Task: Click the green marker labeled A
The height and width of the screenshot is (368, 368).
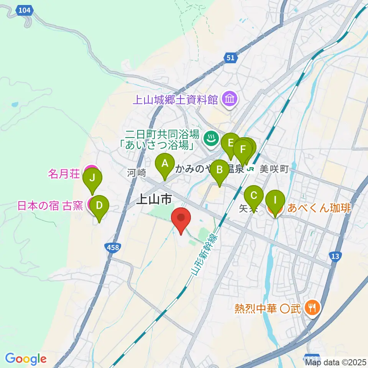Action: pyautogui.click(x=165, y=164)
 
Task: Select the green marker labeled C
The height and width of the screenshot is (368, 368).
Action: pyautogui.click(x=254, y=196)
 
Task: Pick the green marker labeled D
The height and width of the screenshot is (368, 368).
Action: pyautogui.click(x=99, y=206)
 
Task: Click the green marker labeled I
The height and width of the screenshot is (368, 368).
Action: pyautogui.click(x=275, y=200)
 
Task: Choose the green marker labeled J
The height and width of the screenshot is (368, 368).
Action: pyautogui.click(x=92, y=178)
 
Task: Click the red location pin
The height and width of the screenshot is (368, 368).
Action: pyautogui.click(x=181, y=219)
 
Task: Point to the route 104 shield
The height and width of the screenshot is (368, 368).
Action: pyautogui.click(x=25, y=11)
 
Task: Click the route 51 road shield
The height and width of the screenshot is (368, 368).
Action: pyautogui.click(x=230, y=58)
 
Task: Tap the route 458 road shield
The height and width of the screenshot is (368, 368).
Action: pyautogui.click(x=113, y=248)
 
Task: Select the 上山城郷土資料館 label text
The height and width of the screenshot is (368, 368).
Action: pyautogui.click(x=175, y=100)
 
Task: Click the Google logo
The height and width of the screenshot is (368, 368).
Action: pyautogui.click(x=26, y=359)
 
